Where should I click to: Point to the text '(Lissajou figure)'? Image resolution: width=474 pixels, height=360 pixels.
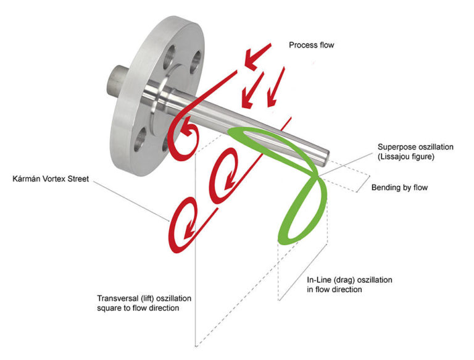click(x=409, y=157)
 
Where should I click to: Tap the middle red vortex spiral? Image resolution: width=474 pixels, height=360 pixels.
click(x=224, y=176)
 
